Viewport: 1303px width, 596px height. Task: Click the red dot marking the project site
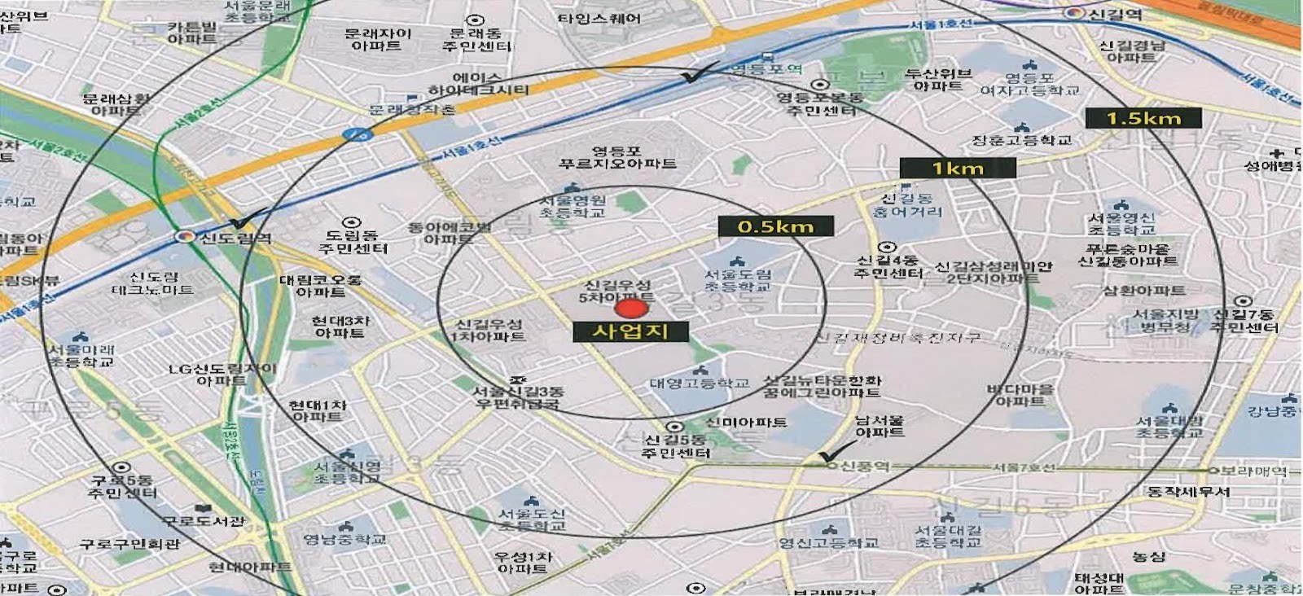point(628,309)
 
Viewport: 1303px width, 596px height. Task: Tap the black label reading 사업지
point(630,331)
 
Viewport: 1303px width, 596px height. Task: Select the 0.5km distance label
point(775,226)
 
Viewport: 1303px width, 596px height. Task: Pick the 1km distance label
point(958,169)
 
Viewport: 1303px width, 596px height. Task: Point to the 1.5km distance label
point(1143,118)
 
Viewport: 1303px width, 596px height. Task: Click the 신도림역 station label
point(235,238)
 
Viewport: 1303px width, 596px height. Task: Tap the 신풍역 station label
point(864,467)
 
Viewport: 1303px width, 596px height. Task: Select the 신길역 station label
point(1115,14)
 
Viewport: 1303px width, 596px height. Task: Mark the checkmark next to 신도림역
point(247,219)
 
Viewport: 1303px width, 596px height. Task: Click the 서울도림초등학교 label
point(738,280)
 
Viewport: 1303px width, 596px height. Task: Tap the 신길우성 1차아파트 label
point(489,331)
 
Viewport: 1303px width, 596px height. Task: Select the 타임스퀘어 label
point(599,18)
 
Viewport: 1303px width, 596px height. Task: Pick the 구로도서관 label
point(203,521)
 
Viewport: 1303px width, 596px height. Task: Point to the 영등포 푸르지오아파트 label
point(617,157)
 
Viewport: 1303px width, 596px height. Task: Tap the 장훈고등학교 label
point(1021,140)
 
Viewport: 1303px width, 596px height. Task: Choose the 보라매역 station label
point(1257,471)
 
